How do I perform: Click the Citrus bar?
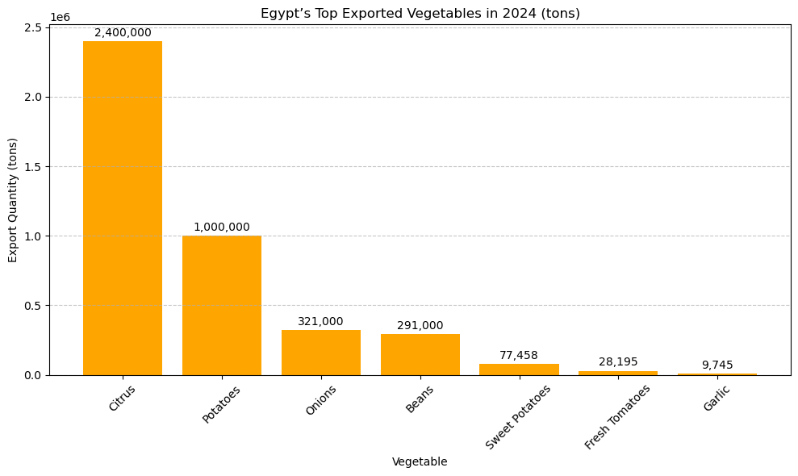click(123, 208)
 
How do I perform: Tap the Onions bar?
click(321, 353)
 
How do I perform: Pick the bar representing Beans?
click(420, 355)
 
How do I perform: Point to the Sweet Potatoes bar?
click(519, 370)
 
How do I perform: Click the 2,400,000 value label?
click(123, 33)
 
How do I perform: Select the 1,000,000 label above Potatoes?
click(222, 228)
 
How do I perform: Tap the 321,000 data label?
click(320, 321)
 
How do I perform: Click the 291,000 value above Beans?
click(420, 326)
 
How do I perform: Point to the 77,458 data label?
click(519, 356)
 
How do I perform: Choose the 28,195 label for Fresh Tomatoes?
click(618, 362)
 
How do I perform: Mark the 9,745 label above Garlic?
click(717, 365)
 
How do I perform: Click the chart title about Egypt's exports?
click(420, 14)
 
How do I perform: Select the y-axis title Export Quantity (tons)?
click(13, 200)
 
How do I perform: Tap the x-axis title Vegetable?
click(420, 461)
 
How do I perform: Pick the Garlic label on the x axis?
click(716, 399)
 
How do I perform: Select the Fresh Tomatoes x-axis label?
click(617, 416)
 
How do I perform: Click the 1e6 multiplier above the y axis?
click(60, 18)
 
